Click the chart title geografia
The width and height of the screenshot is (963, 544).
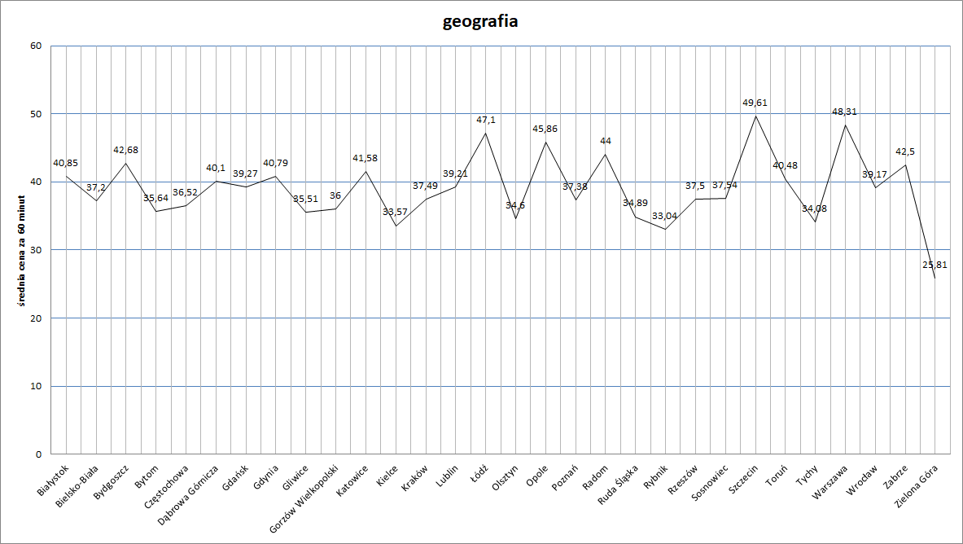click(x=480, y=22)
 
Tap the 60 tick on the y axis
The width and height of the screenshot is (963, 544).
click(x=36, y=46)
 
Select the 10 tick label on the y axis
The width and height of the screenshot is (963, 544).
click(x=36, y=386)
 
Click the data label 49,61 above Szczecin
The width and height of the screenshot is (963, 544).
click(x=755, y=103)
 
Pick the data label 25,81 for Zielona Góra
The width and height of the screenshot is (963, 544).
click(x=935, y=265)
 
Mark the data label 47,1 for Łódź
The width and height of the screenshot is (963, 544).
click(x=486, y=120)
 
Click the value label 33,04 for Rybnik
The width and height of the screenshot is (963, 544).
click(x=665, y=216)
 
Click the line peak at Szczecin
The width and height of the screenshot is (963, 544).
click(x=755, y=116)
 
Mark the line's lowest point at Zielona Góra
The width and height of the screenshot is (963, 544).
click(x=935, y=279)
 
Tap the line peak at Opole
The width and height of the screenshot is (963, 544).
click(x=545, y=142)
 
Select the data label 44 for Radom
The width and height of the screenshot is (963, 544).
click(x=606, y=141)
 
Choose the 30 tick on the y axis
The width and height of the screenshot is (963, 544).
click(x=36, y=250)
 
